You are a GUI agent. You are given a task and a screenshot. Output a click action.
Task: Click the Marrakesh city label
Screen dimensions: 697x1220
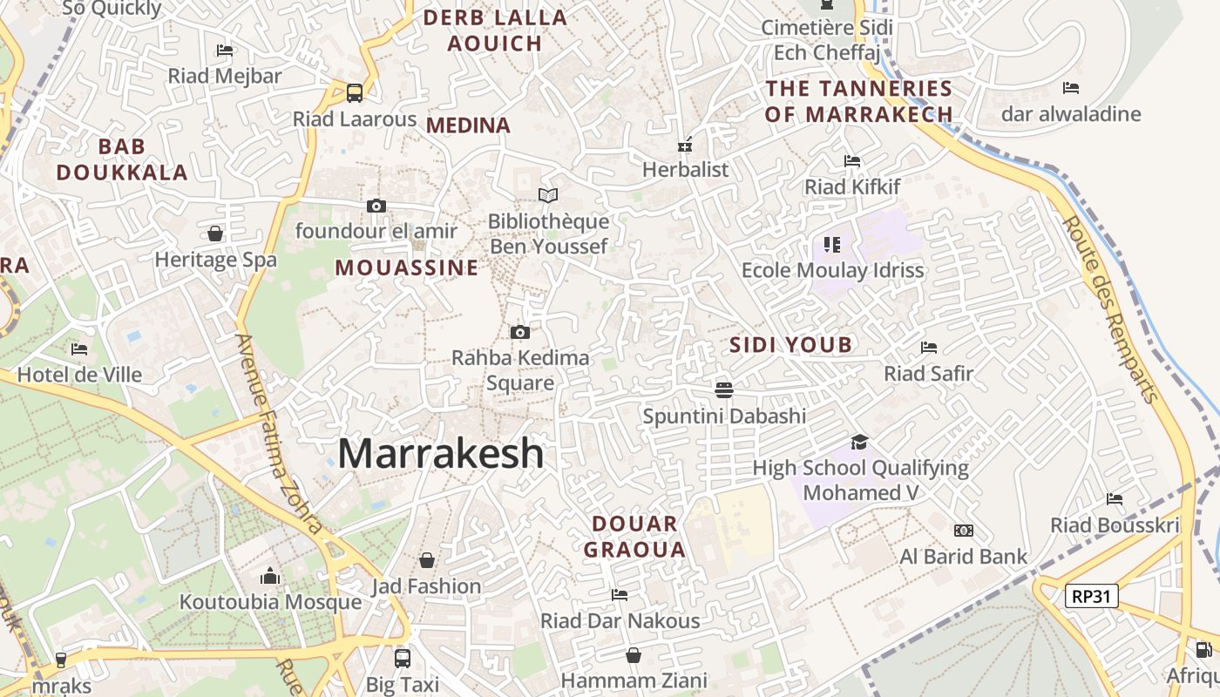tap(441, 454)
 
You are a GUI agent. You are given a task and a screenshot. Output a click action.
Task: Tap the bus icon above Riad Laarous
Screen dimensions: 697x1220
tap(354, 92)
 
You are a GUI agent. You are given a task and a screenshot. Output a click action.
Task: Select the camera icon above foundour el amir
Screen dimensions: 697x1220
tap(376, 206)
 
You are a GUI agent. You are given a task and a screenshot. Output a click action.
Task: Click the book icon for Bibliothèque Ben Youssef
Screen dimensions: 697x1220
tap(547, 196)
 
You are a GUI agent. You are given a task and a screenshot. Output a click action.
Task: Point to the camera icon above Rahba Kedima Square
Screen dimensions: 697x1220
tap(520, 332)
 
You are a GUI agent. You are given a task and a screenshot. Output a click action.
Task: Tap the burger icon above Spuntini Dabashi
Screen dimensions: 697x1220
tap(723, 389)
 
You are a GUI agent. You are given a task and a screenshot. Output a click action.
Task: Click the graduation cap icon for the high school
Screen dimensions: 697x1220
tap(860, 442)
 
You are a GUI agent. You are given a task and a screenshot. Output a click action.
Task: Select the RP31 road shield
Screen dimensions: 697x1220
tap(1091, 596)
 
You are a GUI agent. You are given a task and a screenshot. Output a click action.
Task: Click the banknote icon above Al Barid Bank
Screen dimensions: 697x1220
tap(963, 531)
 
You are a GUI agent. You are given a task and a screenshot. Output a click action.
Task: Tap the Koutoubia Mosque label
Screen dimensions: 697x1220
tap(270, 602)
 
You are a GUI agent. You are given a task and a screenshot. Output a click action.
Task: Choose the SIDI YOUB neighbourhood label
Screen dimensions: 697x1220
tap(790, 345)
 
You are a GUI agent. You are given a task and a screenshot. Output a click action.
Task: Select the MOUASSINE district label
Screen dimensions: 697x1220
tap(407, 267)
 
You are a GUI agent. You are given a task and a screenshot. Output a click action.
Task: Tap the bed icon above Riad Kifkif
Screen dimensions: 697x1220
tap(852, 161)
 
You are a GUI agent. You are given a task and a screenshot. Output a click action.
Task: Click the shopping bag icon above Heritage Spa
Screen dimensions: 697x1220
tap(215, 233)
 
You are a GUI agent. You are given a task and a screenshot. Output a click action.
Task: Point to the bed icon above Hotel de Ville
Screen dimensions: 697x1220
tap(79, 349)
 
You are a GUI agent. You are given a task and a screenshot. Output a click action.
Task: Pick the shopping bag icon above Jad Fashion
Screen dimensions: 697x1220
tap(427, 560)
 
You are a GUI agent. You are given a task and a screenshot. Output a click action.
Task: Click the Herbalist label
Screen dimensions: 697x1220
tap(685, 169)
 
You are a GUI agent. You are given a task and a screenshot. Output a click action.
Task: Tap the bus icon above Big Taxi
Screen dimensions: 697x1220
tap(402, 658)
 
